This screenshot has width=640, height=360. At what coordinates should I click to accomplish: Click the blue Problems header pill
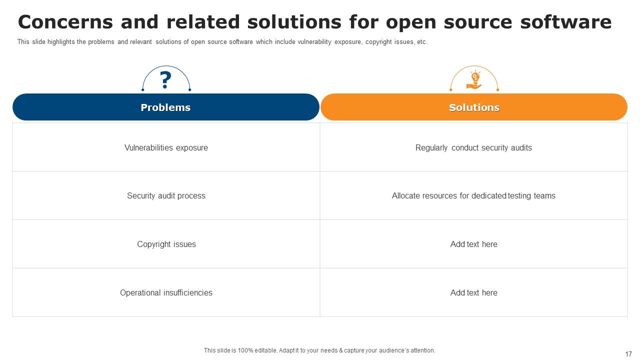click(x=165, y=107)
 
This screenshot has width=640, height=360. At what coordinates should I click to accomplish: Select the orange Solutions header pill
click(x=474, y=107)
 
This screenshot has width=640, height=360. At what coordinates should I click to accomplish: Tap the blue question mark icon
click(x=165, y=80)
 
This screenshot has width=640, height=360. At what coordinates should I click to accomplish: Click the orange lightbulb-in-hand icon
click(x=474, y=80)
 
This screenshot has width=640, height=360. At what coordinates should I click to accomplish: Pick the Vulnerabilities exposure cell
click(x=166, y=147)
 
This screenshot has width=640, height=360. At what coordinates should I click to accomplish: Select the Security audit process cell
click(x=166, y=196)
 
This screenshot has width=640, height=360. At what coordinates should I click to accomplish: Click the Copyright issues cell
click(x=166, y=244)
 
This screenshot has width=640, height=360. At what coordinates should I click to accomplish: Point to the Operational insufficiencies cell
click(x=166, y=293)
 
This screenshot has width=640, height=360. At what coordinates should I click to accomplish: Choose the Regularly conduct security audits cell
click(x=473, y=147)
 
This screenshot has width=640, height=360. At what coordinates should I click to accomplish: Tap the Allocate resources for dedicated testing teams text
click(x=473, y=196)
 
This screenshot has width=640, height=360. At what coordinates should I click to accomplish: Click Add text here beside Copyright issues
click(x=473, y=244)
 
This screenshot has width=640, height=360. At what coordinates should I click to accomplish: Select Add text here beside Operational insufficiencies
click(x=473, y=293)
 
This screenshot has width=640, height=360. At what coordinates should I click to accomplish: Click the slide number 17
click(x=628, y=354)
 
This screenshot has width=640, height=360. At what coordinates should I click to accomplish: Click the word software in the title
click(x=565, y=22)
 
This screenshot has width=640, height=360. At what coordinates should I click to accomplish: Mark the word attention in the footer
click(x=422, y=350)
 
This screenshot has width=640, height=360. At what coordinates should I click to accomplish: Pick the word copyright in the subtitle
click(x=378, y=42)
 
